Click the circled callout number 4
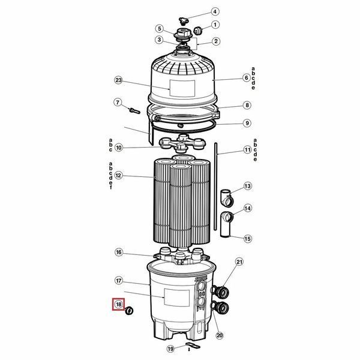(215, 11)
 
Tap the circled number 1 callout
(215, 25)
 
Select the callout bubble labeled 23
(118, 80)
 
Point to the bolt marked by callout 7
(134, 111)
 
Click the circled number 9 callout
(247, 123)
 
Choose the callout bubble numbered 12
(118, 176)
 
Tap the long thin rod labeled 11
(215, 187)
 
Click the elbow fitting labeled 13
(227, 197)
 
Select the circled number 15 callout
(247, 239)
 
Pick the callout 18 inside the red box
(118, 304)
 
